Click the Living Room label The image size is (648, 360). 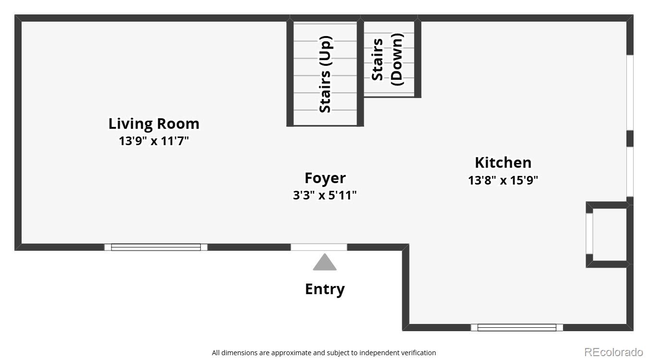point(154,124)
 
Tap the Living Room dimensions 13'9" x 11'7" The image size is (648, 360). point(154,141)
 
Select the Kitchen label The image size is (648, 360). point(503,162)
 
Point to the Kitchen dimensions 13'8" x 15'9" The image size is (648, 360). point(503,180)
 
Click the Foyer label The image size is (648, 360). point(325,178)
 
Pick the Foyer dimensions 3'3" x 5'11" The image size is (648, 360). point(325,195)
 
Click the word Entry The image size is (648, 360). point(325,289)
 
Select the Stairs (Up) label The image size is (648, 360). point(326,74)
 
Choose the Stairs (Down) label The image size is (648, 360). point(388,60)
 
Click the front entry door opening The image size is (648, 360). point(319,247)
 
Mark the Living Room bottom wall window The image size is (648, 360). point(156,247)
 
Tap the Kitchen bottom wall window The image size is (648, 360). point(517,327)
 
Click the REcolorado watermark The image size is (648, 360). point(613,352)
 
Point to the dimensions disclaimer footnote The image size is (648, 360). point(324,353)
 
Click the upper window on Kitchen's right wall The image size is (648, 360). point(630,93)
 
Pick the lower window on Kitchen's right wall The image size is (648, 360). point(630,172)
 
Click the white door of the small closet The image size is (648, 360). point(589,234)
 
